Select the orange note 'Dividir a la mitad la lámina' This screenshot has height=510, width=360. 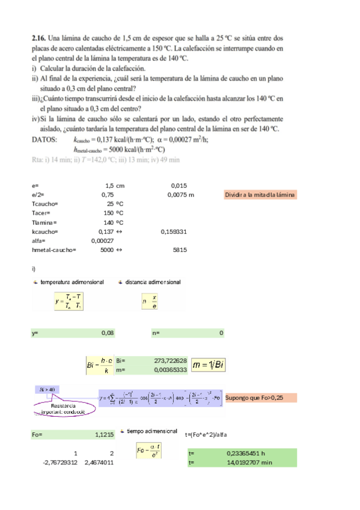pos(260,195)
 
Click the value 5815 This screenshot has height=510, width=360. pos(180,248)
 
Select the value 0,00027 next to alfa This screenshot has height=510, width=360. pos(103,240)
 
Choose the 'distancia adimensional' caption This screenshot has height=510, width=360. pos(153,282)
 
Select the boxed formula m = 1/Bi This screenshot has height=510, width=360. pos(212,365)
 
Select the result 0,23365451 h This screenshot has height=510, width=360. pos(246,453)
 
